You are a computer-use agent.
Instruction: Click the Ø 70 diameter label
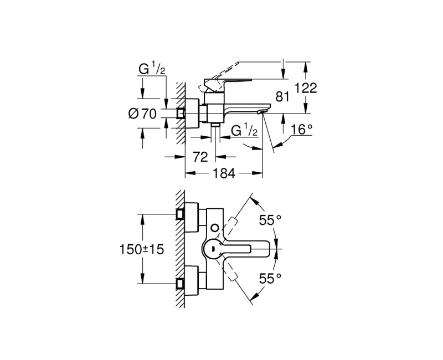pyautogui.click(x=142, y=114)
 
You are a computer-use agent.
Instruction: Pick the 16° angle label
pyautogui.click(x=302, y=130)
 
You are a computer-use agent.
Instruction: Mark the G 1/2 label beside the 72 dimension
pyautogui.click(x=244, y=131)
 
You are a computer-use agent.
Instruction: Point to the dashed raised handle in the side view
pyautogui.click(x=227, y=78)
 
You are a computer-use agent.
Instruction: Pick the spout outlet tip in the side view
pyautogui.click(x=260, y=112)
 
